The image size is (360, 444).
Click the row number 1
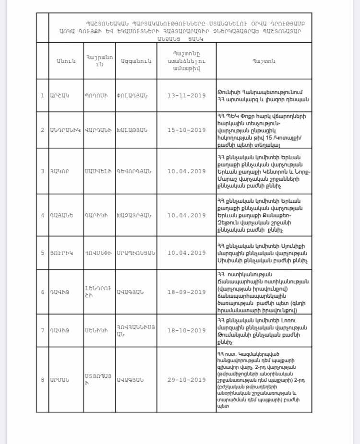pyautogui.click(x=42, y=95)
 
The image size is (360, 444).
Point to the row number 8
pyautogui.click(x=42, y=380)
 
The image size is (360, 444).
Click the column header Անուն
pyautogui.click(x=65, y=61)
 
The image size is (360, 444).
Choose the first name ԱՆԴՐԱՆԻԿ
pyautogui.click(x=65, y=130)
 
